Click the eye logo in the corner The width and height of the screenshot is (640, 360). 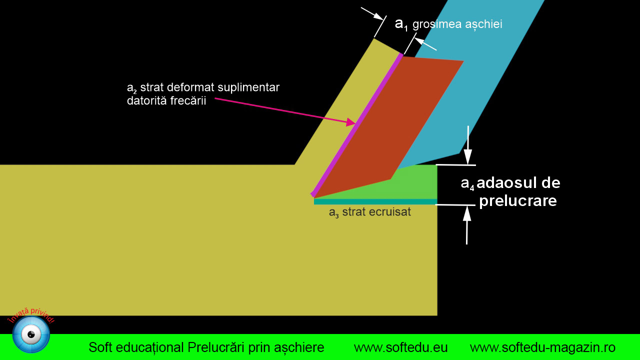(31, 334)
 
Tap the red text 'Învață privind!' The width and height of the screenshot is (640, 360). (31, 315)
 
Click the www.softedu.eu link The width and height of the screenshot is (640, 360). (400, 347)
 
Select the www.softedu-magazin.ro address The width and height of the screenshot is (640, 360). (542, 347)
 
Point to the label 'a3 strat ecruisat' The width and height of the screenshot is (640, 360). (369, 212)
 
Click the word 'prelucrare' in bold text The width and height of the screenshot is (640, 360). (517, 201)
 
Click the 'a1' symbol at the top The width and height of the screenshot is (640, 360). (401, 24)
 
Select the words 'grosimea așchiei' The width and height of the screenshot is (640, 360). (457, 24)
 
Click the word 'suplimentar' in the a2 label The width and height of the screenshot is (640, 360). (248, 87)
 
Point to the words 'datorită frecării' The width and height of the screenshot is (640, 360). (166, 100)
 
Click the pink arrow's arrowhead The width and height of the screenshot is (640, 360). (351, 122)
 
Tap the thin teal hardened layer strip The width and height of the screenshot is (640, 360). (375, 201)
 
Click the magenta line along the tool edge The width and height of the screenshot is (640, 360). (357, 125)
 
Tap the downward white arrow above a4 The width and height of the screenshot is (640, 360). (467, 145)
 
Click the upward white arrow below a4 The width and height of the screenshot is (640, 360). (467, 225)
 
